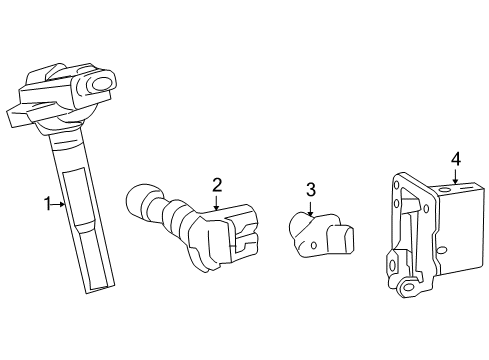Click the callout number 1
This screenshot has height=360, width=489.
point(48,204)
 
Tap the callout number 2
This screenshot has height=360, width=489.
point(217,185)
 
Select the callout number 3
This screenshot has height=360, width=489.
point(311,190)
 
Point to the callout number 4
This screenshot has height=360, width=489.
point(456,159)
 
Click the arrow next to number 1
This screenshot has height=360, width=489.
point(59,204)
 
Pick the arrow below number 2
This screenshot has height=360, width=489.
point(217,203)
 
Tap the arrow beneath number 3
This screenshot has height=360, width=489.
point(310,209)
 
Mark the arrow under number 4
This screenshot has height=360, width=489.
point(456,177)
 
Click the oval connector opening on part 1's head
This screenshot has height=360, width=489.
point(102,84)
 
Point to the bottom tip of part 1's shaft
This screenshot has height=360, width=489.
point(100,289)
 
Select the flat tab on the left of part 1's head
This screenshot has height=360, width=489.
point(18,117)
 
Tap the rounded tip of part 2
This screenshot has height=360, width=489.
point(137,199)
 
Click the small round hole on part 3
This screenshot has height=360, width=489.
point(313,245)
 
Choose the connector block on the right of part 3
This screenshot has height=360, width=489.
point(341,238)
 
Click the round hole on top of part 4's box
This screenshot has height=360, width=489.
point(445,191)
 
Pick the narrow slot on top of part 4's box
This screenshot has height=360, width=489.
point(466,189)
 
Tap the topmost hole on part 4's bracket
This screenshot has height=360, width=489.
point(396,184)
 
